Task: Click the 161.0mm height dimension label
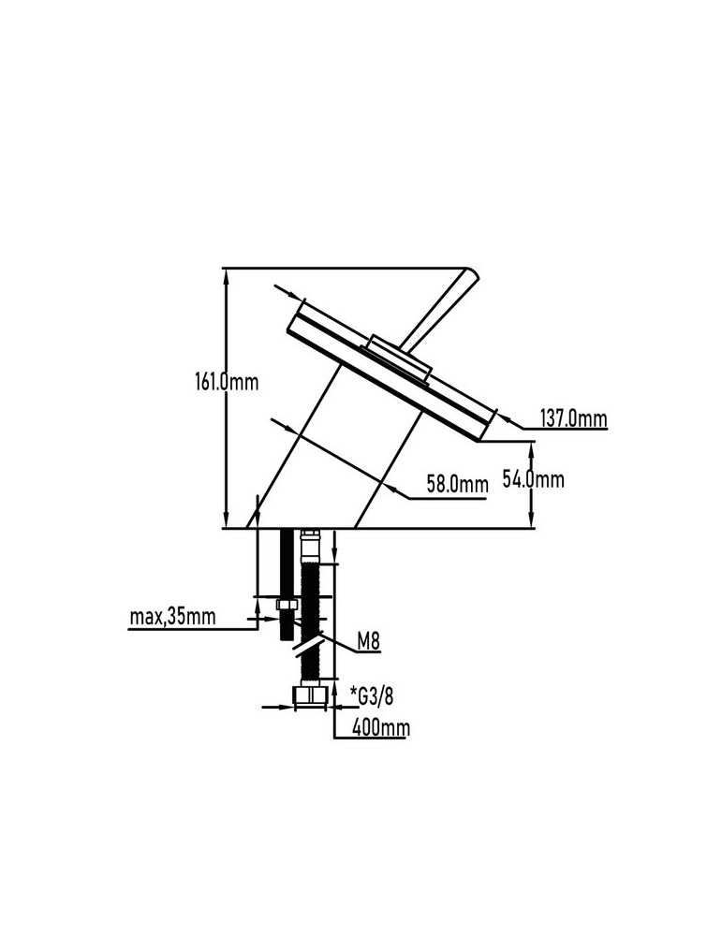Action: click(x=227, y=382)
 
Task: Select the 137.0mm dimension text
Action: click(x=573, y=418)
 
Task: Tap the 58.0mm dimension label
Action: click(x=457, y=484)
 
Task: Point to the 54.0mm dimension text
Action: click(x=533, y=478)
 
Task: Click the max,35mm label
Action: click(x=172, y=616)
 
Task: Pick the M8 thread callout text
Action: click(x=368, y=642)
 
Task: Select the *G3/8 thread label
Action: click(x=372, y=695)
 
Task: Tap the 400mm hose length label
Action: click(x=381, y=727)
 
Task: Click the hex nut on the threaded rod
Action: click(x=287, y=606)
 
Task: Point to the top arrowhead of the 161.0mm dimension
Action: click(x=226, y=276)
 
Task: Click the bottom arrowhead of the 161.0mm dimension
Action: click(x=226, y=520)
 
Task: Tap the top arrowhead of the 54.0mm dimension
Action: click(x=531, y=448)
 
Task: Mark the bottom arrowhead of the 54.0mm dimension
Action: click(x=531, y=520)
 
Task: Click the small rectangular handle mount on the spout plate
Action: click(x=398, y=357)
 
